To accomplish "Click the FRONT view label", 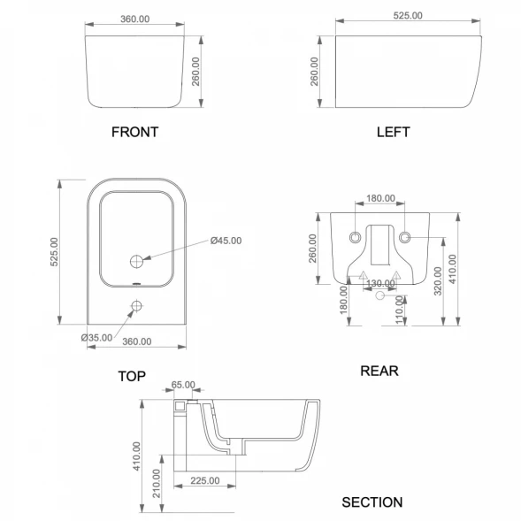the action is (134, 132).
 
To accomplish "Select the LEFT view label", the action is (393, 132).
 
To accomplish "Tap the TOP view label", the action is (132, 376).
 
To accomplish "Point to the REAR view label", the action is (379, 371).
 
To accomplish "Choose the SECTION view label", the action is (372, 502).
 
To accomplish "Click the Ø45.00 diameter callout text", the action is (226, 241).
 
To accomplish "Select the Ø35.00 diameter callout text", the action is (96, 338).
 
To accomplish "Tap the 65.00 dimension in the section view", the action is (183, 385).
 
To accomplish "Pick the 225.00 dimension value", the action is (205, 480).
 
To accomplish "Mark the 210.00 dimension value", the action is (157, 483).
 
